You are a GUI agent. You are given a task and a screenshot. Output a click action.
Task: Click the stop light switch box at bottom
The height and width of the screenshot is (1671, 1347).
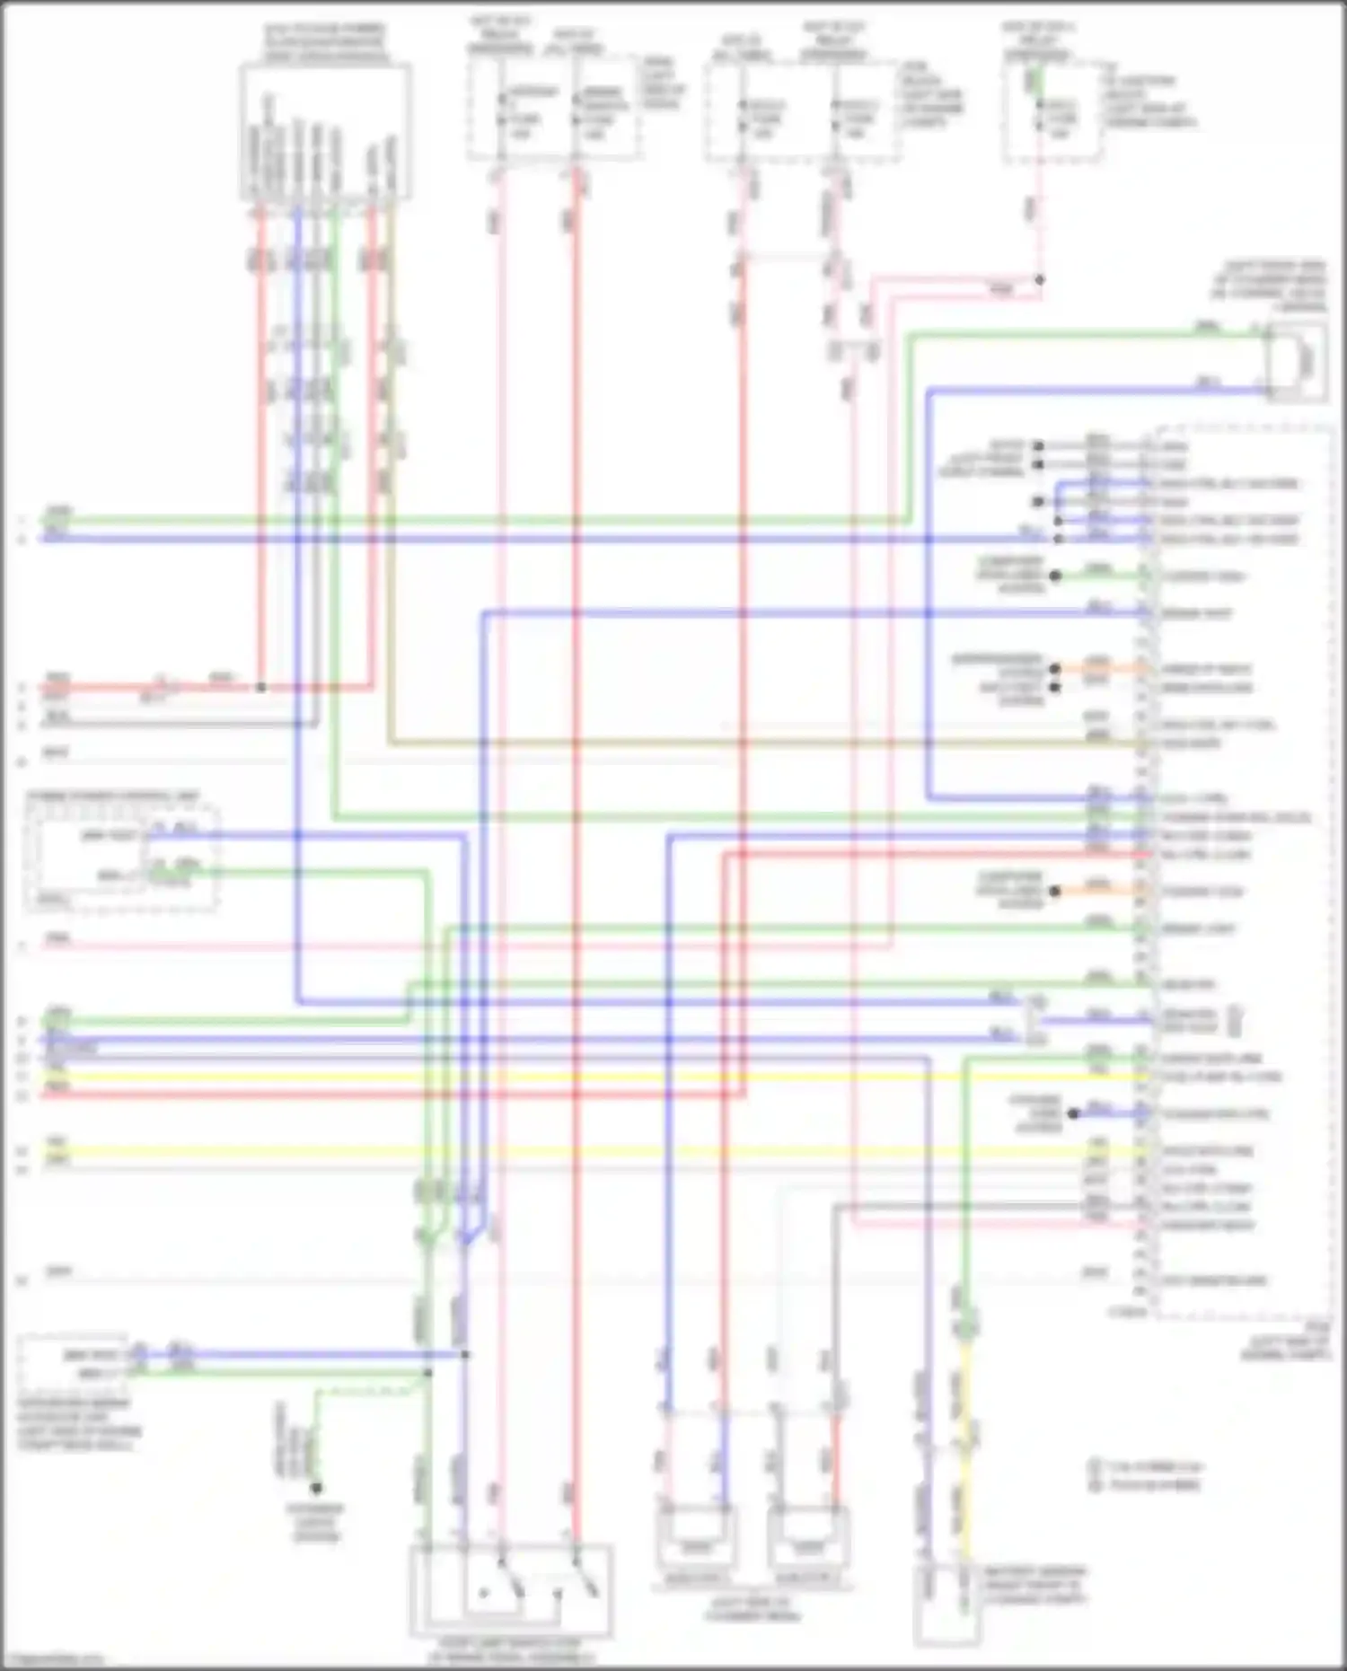[511, 1590]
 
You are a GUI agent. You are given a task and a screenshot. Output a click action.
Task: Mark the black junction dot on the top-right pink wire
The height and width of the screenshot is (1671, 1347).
[1039, 280]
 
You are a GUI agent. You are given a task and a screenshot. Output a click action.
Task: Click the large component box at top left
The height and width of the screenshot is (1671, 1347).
[325, 131]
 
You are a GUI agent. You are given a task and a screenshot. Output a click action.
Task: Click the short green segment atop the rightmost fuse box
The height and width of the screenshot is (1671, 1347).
[1035, 81]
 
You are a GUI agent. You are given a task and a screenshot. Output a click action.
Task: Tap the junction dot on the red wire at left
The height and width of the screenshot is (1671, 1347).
[260, 688]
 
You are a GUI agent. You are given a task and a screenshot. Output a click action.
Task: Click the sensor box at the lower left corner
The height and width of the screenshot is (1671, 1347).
[72, 1363]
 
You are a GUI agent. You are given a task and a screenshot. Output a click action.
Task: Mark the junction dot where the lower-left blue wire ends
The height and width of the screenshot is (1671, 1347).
[465, 1354]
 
